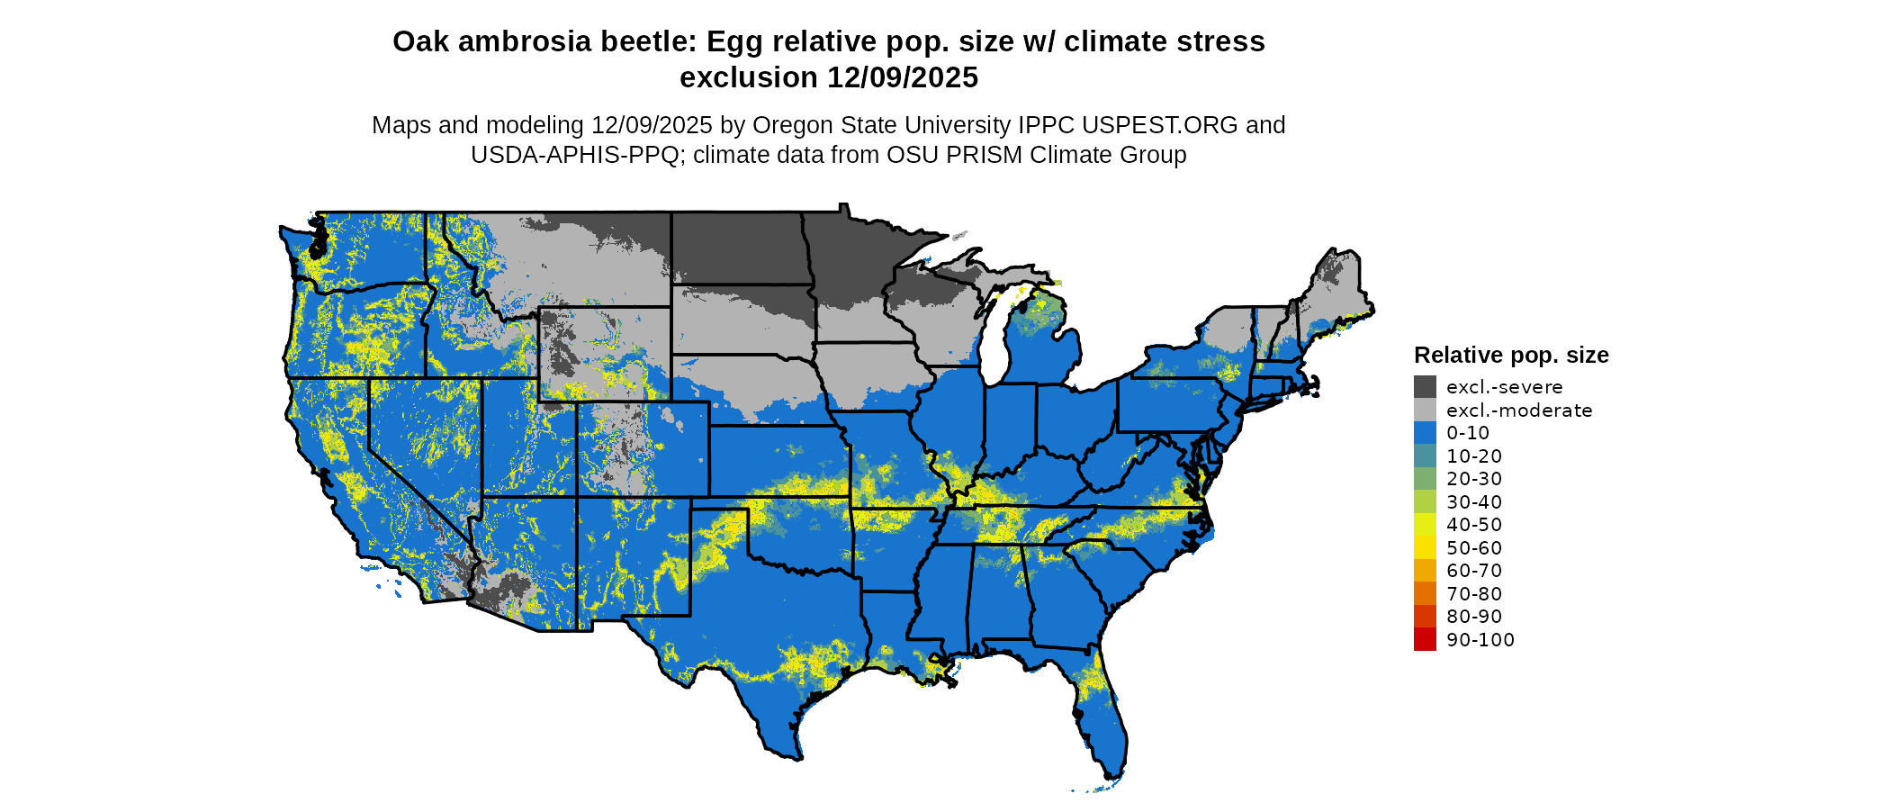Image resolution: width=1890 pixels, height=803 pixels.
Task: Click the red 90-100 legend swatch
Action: pos(1425,640)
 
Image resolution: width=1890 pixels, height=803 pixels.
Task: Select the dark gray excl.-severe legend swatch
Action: pos(1425,387)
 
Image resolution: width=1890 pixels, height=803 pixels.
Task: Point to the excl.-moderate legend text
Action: pos(1519,411)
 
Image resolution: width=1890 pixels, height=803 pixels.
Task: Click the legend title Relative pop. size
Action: pos(1511,356)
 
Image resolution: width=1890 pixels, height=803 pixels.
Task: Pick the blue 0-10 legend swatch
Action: pos(1425,433)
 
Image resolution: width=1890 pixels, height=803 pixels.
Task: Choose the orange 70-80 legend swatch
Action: pos(1425,594)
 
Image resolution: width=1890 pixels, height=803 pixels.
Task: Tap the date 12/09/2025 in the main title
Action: pos(903,78)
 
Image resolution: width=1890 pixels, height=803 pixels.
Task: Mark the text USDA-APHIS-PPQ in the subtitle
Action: pos(574,156)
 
